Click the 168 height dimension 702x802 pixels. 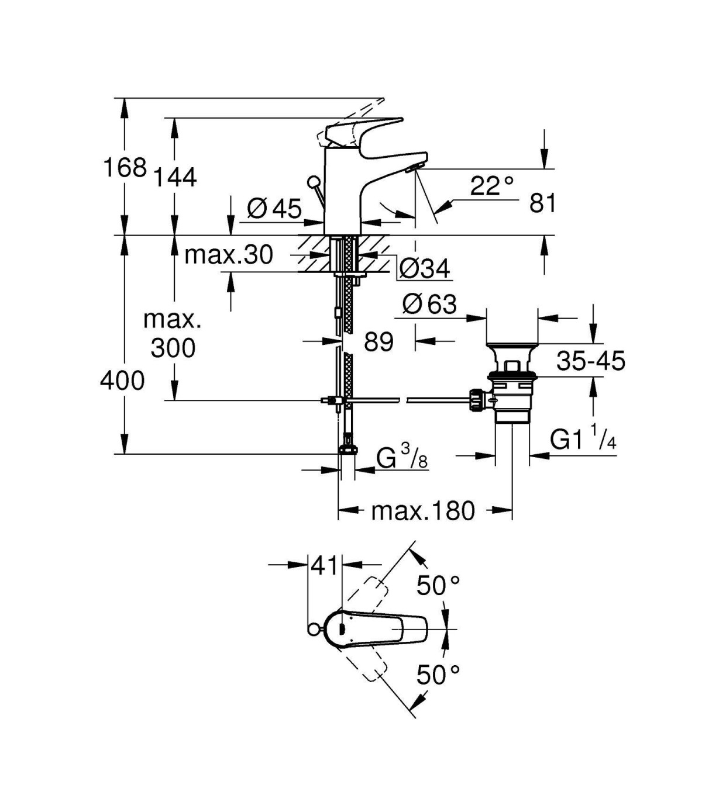(125, 167)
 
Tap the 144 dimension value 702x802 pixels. (174, 178)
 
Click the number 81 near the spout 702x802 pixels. (543, 203)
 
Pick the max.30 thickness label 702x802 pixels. (229, 255)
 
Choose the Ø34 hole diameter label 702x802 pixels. (424, 269)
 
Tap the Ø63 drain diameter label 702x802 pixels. (430, 304)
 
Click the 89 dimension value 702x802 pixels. (378, 341)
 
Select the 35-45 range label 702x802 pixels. (591, 361)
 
